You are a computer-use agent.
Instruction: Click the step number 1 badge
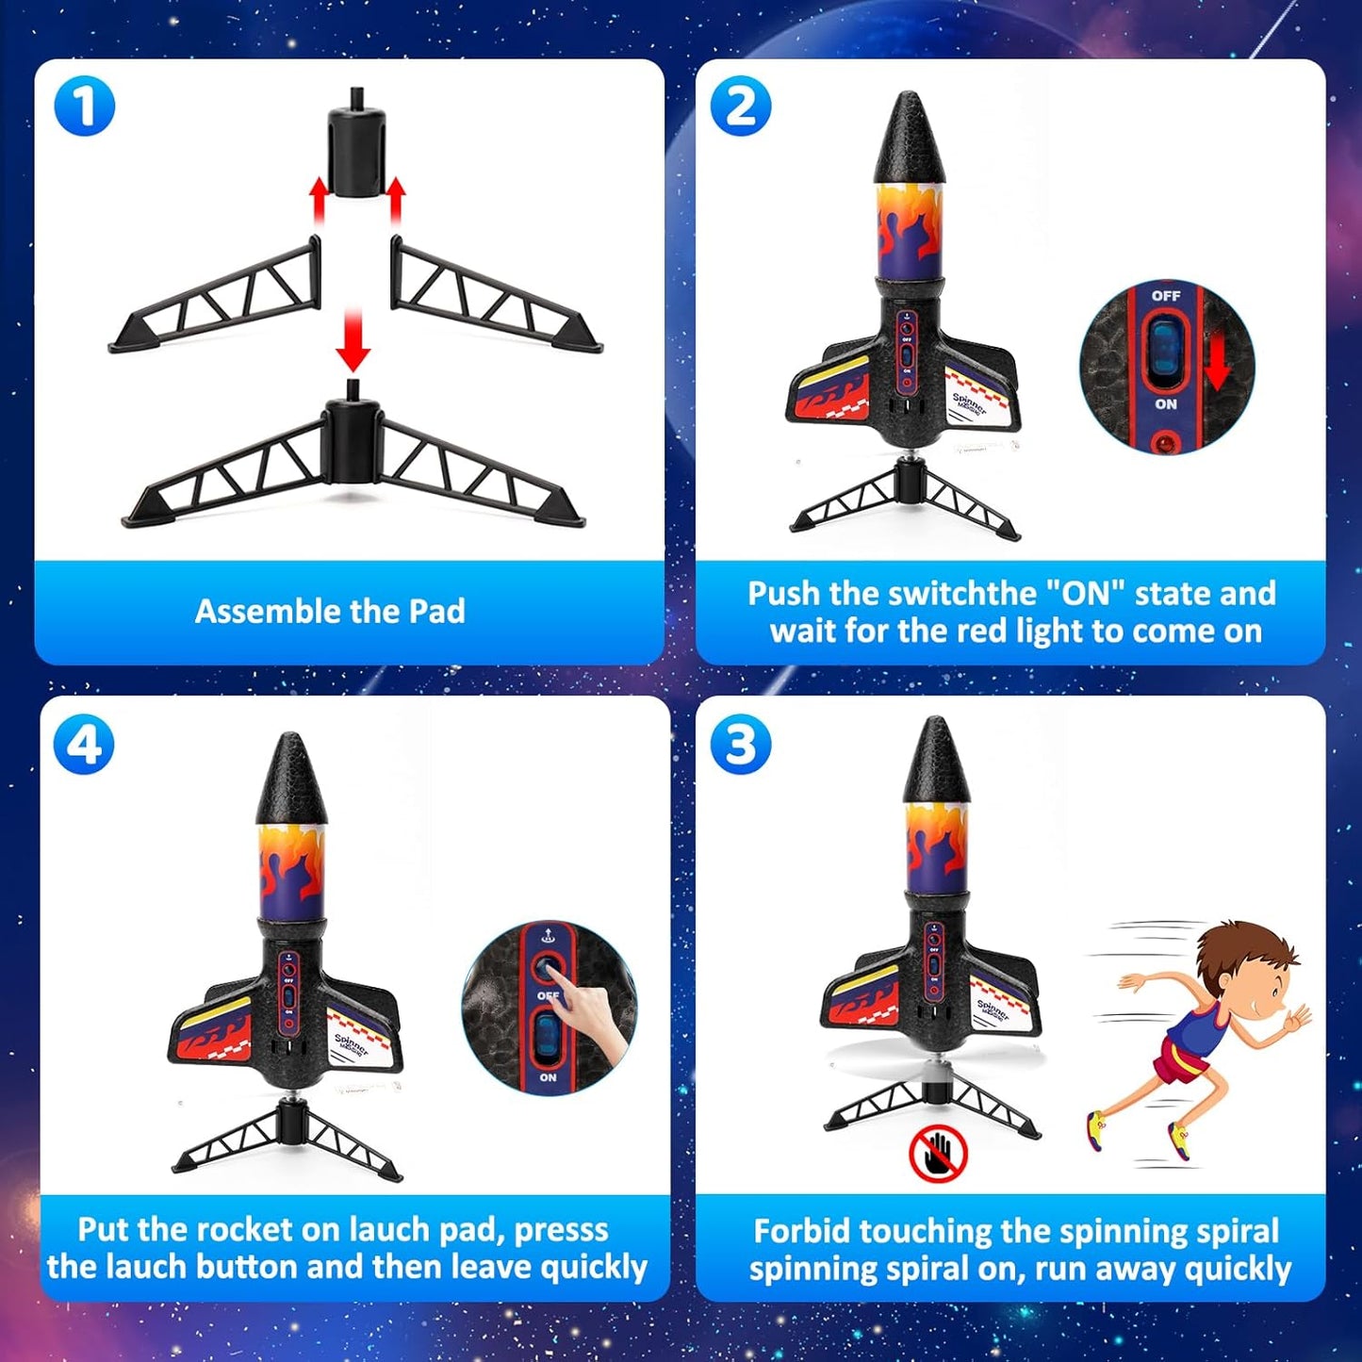pos(85,106)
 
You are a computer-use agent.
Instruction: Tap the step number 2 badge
pos(740,106)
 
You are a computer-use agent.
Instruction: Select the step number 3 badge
pos(740,745)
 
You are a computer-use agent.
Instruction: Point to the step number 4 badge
pos(85,745)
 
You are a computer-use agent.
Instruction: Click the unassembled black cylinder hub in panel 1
pos(356,149)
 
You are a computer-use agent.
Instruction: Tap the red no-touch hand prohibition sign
pos(938,1152)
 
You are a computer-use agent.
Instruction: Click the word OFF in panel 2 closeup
pos(1166,296)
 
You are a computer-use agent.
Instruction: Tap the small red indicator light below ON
pos(1167,441)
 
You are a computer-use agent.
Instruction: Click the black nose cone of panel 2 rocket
pos(909,139)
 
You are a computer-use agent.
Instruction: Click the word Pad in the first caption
pos(436,612)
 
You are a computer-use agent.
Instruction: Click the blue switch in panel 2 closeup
pos(1166,350)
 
